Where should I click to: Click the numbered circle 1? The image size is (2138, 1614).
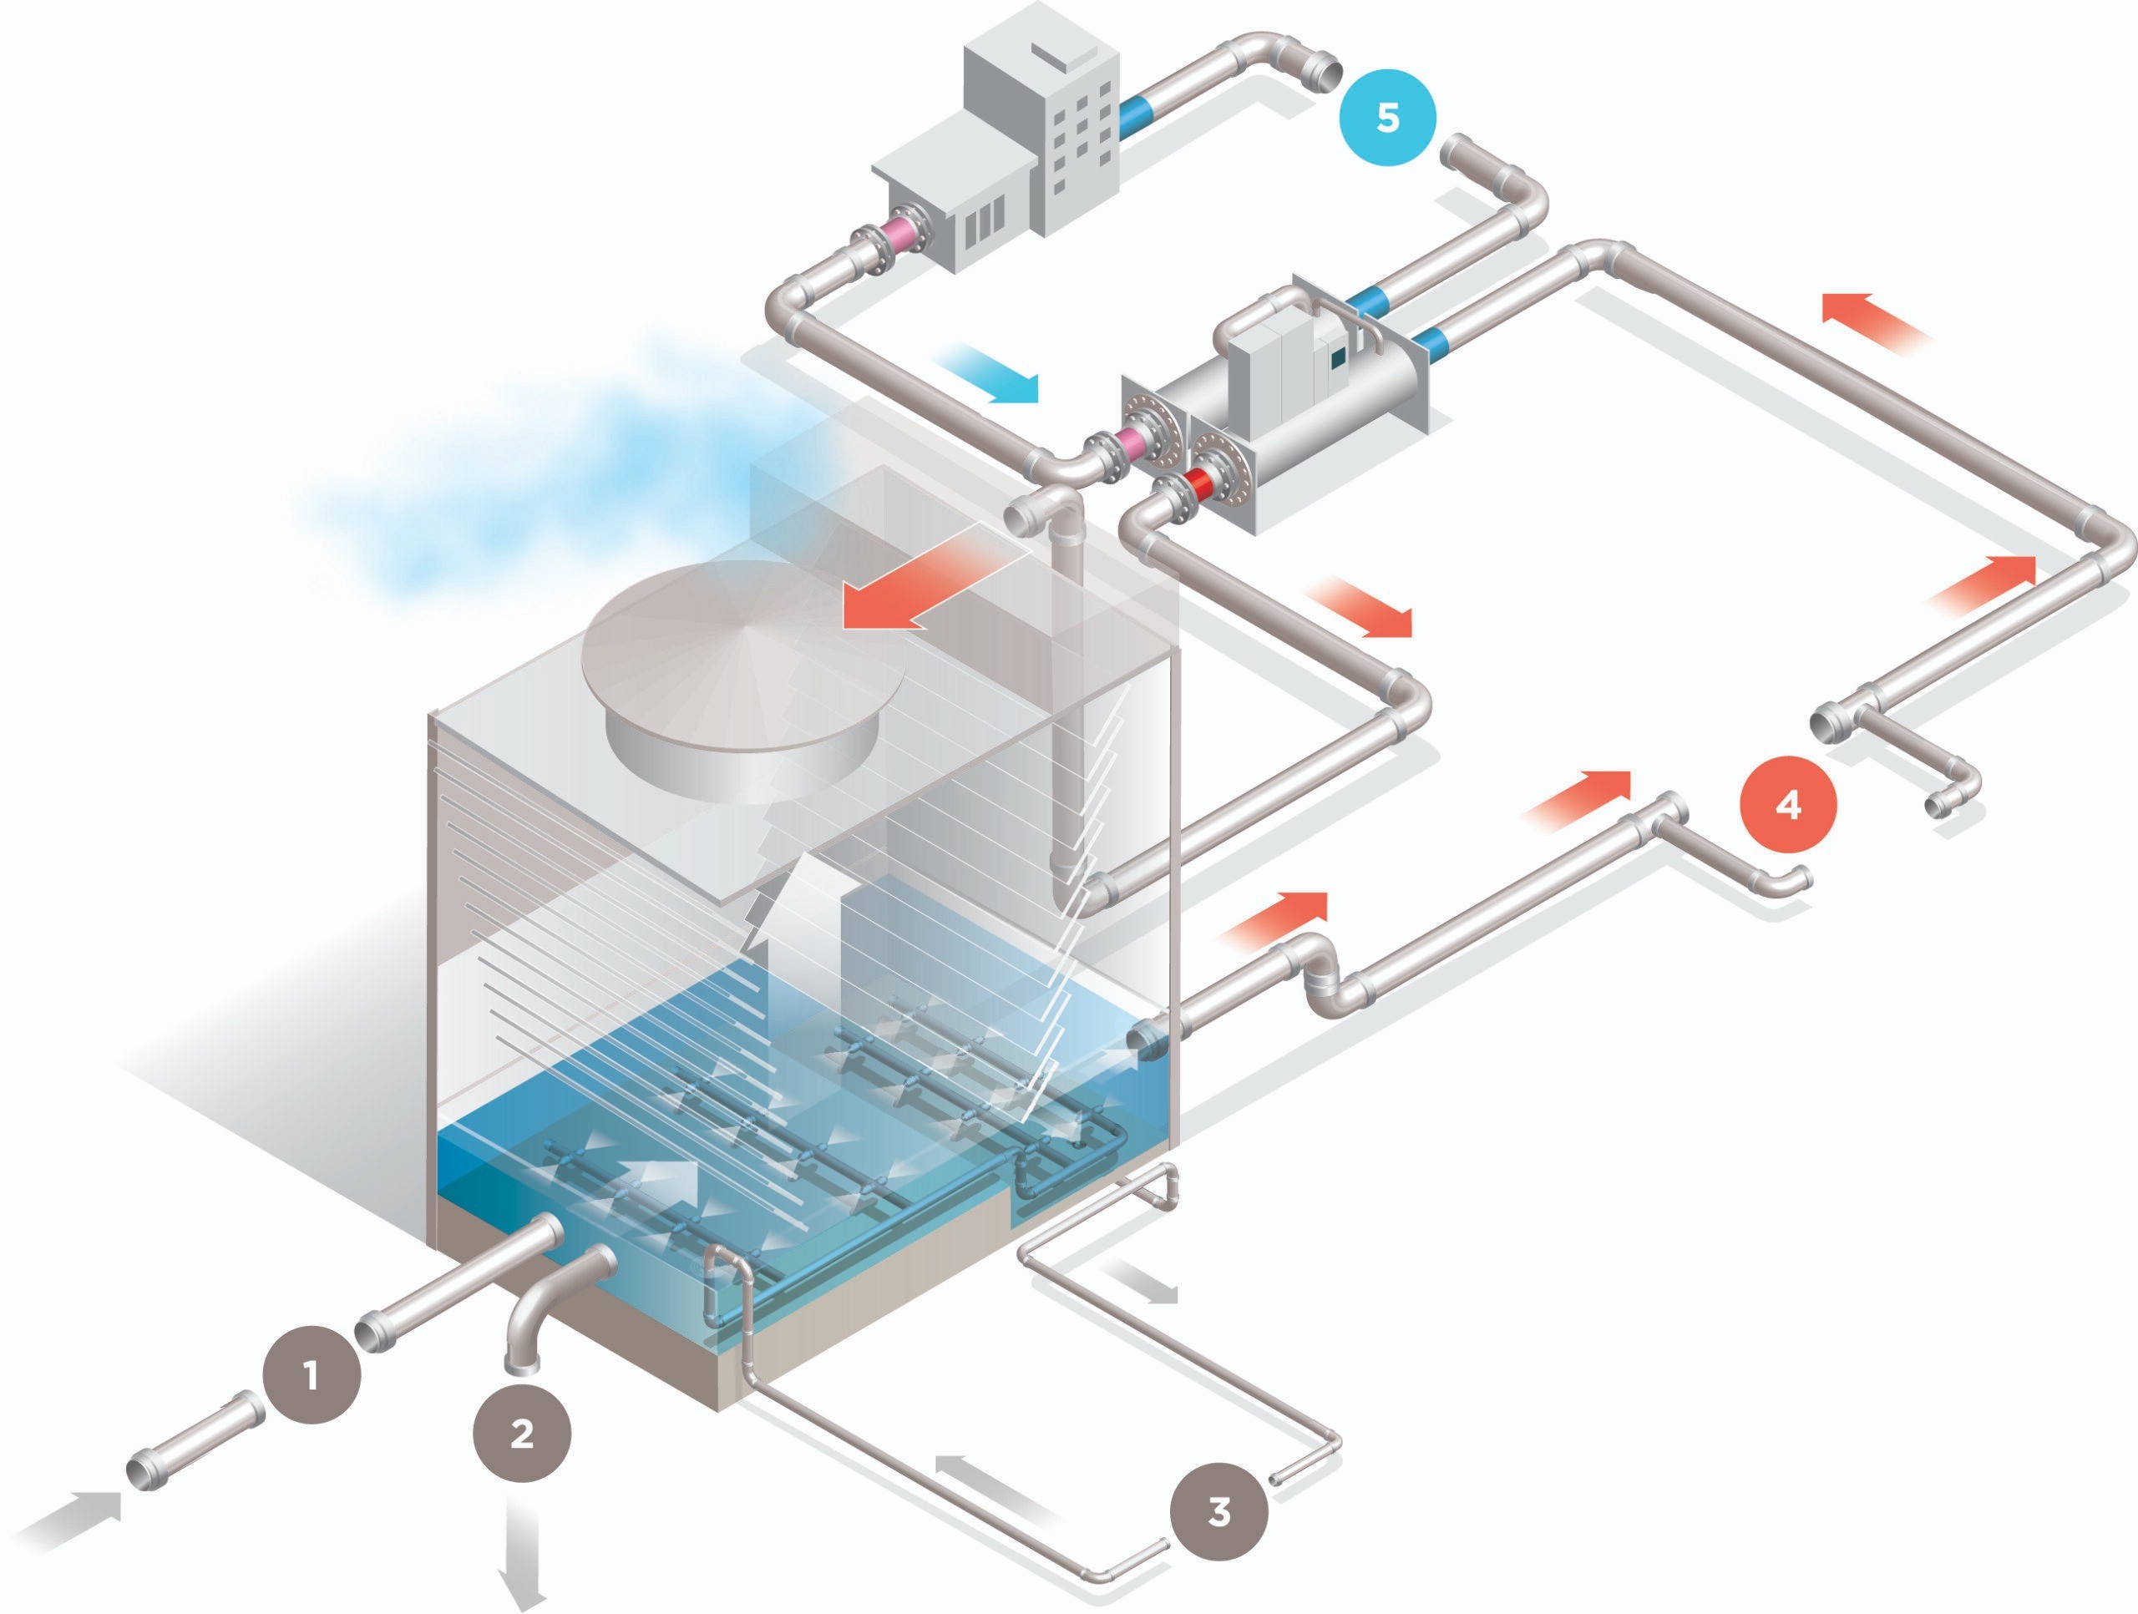click(x=312, y=1375)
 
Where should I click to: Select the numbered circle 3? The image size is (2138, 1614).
click(x=1218, y=1510)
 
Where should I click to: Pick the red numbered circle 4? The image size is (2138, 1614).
click(x=1788, y=804)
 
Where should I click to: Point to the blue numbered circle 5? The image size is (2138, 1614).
click(x=1387, y=118)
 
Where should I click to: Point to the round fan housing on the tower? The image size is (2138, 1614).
click(x=744, y=676)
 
